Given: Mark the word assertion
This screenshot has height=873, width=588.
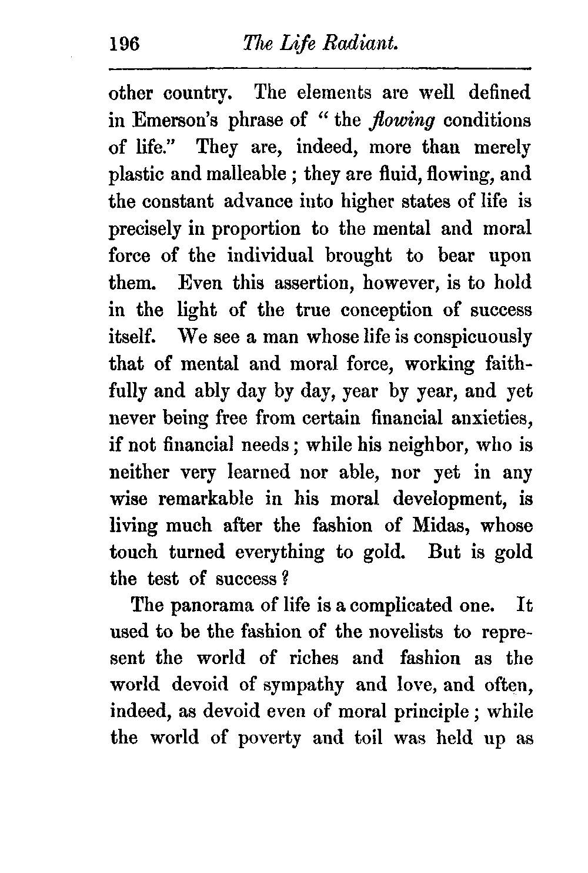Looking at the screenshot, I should [312, 283].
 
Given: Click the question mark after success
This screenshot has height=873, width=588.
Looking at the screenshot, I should [283, 579].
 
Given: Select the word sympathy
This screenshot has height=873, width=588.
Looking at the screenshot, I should [303, 685].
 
